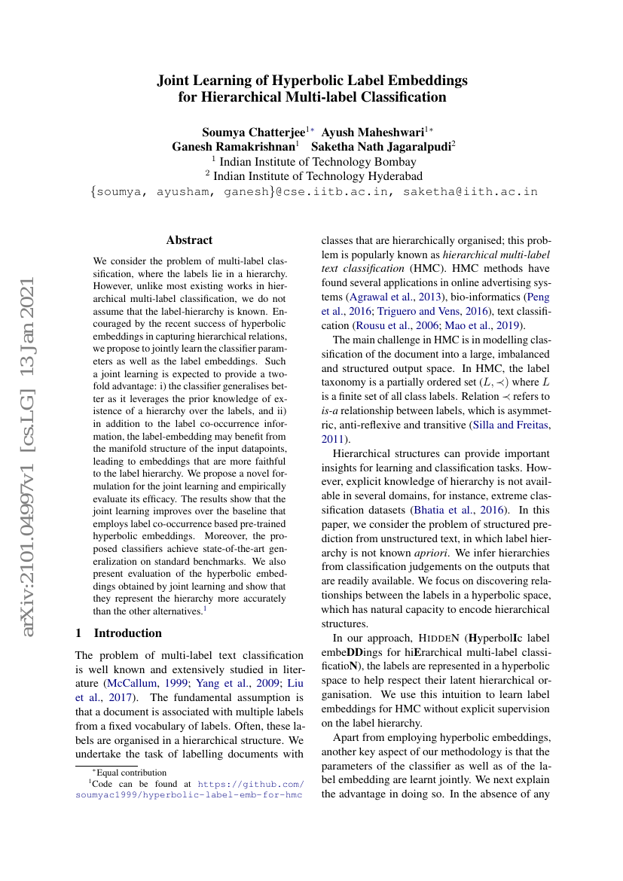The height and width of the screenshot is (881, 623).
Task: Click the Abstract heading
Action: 189,240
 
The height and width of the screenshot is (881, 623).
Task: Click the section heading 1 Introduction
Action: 119,633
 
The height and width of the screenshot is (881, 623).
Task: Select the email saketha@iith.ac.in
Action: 470,192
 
